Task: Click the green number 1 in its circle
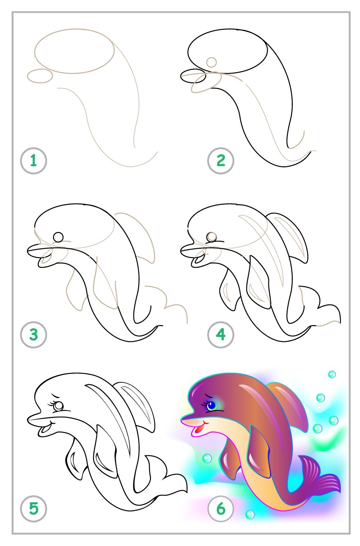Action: (34, 160)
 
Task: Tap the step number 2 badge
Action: (221, 160)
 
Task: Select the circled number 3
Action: (34, 335)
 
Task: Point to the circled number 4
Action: (221, 335)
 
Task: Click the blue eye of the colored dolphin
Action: (211, 406)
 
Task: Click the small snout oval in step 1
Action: (40, 76)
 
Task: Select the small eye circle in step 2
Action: (211, 62)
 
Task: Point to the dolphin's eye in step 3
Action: (58, 237)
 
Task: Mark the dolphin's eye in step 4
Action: (212, 237)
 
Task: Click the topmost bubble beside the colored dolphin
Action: (332, 374)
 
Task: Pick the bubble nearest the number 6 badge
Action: (250, 515)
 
